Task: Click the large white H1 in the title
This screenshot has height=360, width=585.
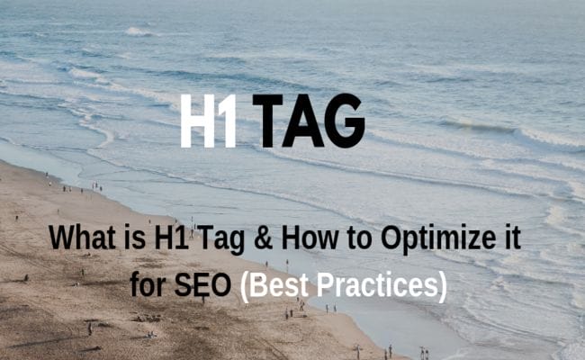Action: pyautogui.click(x=208, y=120)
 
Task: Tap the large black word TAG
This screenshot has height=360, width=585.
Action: pyautogui.click(x=309, y=120)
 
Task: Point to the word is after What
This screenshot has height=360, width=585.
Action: pyautogui.click(x=132, y=239)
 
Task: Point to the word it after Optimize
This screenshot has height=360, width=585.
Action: pyautogui.click(x=508, y=239)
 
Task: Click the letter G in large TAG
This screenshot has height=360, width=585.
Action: pyautogui.click(x=345, y=120)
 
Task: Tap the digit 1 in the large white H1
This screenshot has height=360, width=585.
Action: pyautogui.click(x=228, y=120)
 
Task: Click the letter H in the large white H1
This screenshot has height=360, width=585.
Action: pyautogui.click(x=197, y=120)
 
